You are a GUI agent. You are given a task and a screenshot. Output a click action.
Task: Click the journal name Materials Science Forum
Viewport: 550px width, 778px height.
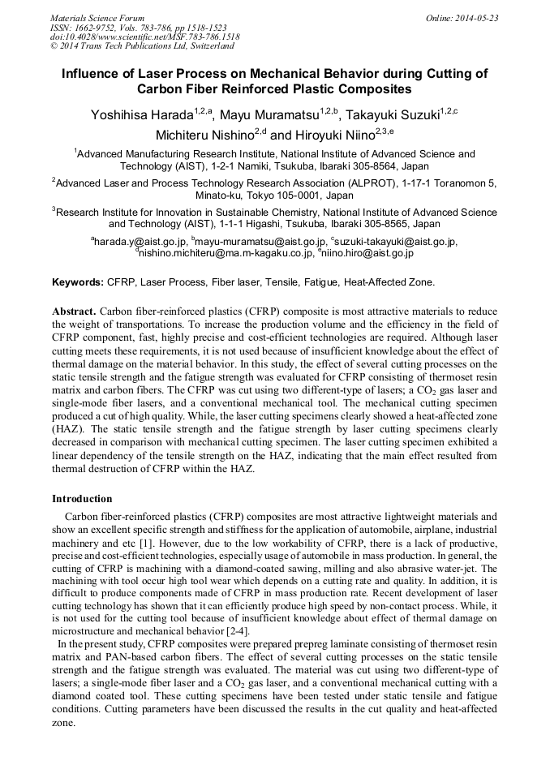pos(97,18)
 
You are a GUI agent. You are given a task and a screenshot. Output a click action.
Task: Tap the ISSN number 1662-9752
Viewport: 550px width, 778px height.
pos(99,28)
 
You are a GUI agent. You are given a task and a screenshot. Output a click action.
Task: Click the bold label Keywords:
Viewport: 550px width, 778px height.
pos(77,283)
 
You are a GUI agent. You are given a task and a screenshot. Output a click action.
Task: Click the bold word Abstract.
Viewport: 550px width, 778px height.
pos(74,312)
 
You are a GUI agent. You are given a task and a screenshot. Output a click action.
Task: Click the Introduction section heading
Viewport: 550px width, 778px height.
pos(82,498)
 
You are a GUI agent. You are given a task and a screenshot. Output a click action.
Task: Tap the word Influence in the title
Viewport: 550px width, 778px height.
pos(95,74)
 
